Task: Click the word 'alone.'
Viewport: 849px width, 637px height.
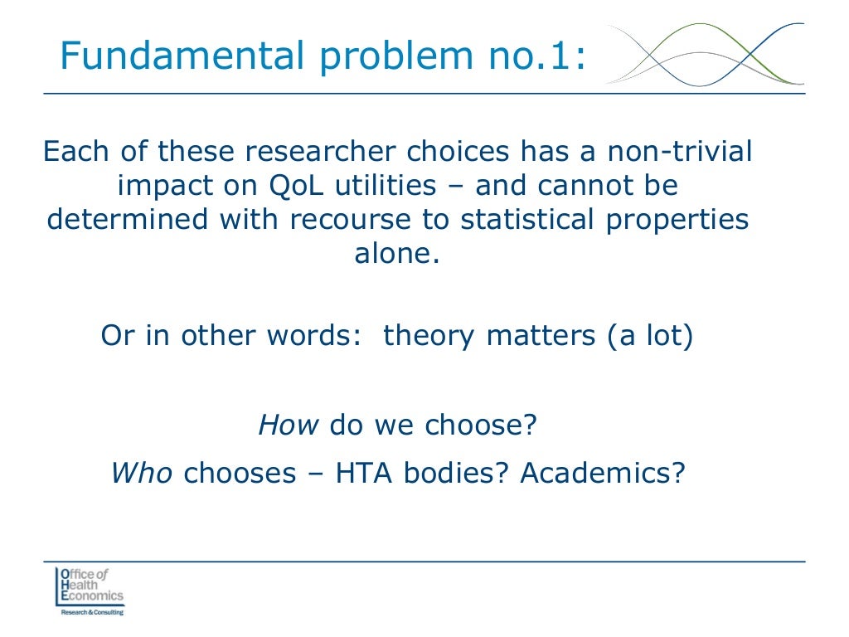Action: (396, 254)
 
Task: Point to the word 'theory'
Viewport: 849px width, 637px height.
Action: (429, 336)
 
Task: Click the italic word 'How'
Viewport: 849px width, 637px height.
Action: (289, 425)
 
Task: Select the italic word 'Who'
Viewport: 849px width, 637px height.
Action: (141, 473)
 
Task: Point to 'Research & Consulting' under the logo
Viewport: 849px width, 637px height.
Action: (91, 612)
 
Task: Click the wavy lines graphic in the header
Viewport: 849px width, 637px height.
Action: (705, 54)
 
